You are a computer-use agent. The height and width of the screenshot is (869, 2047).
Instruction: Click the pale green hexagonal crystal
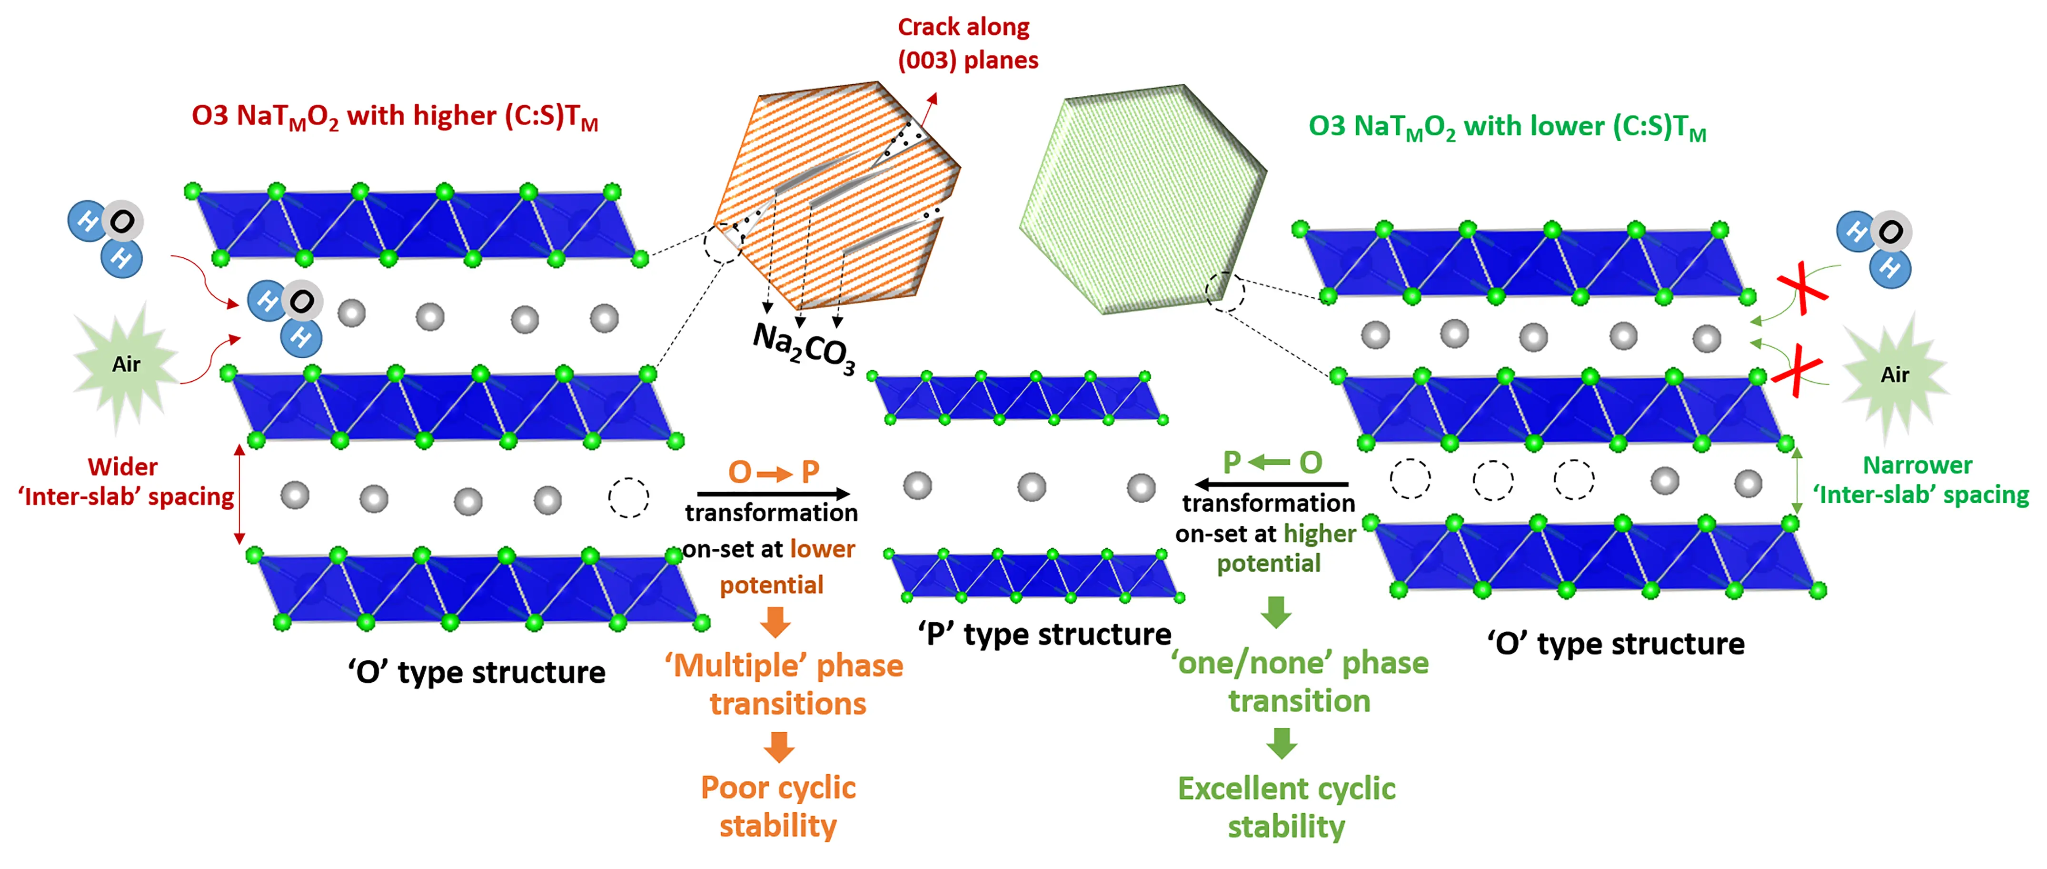(1143, 199)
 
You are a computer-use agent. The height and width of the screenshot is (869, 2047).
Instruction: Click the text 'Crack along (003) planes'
(967, 44)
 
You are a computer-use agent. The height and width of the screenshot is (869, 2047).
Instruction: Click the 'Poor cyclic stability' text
(778, 806)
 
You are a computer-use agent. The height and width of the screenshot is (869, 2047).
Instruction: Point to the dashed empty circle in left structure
(628, 498)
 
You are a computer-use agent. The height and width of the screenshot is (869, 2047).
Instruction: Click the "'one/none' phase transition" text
(1300, 681)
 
